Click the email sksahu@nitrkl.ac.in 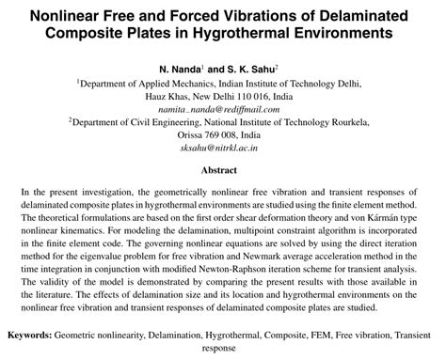coord(222,148)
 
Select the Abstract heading coord(222,171)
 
